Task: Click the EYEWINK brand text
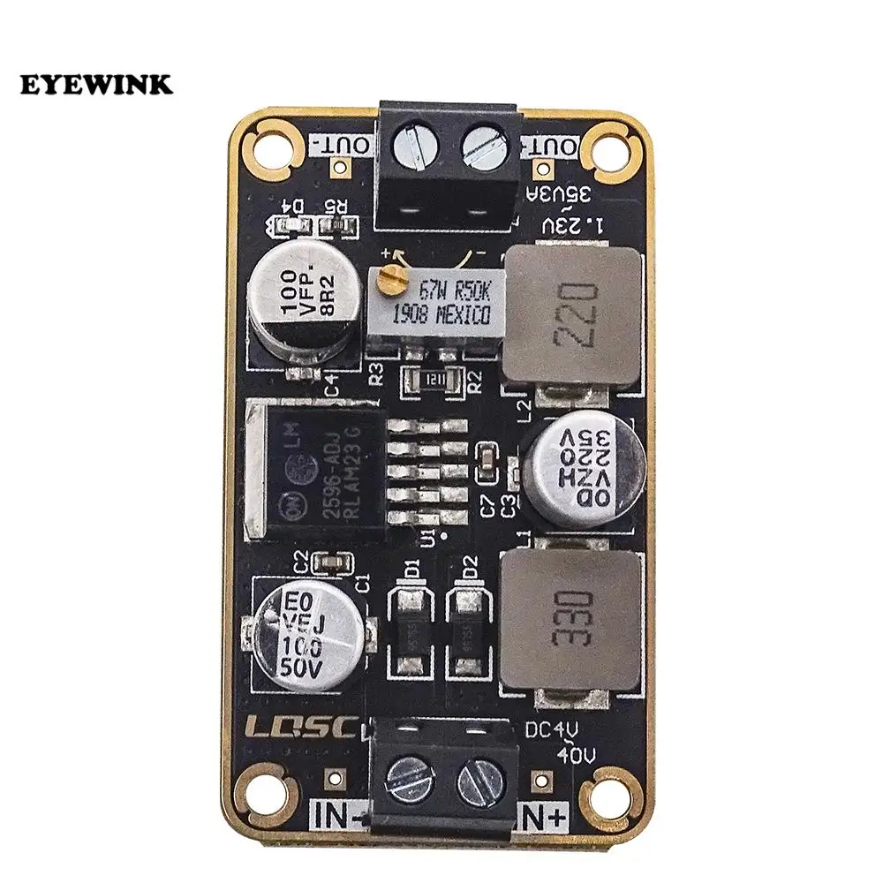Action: click(97, 86)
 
